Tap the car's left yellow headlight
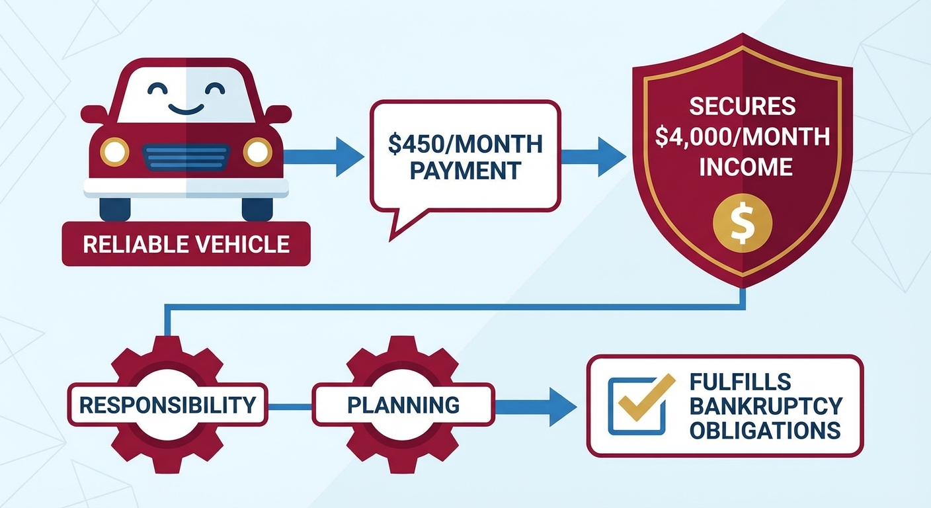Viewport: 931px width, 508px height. point(114,152)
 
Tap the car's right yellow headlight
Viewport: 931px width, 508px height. point(257,152)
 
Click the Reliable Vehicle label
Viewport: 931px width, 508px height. point(186,244)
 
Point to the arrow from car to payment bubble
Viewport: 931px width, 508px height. point(324,157)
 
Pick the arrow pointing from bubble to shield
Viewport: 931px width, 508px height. point(594,157)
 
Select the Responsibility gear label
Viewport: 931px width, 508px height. point(167,404)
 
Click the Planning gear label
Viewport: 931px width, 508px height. point(403,404)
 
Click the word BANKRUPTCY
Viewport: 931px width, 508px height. point(766,405)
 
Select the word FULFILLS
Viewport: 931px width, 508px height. point(739,382)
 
